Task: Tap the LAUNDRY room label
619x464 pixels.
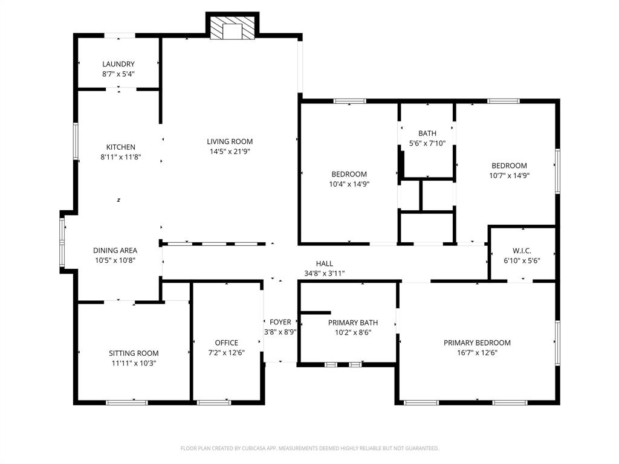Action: pos(118,64)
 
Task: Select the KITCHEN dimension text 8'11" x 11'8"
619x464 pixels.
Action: pos(121,157)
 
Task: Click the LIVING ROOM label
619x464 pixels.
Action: pos(230,141)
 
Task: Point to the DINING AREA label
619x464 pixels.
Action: pos(115,250)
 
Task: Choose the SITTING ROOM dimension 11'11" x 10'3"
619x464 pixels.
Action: pos(134,363)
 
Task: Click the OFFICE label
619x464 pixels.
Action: pos(227,343)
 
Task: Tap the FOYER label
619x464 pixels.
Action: pos(280,322)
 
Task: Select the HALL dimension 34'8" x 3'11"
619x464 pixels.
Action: pos(325,273)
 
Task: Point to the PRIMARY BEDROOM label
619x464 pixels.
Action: pos(477,343)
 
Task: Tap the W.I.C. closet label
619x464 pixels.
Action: pos(522,250)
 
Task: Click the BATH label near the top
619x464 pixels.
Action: pos(427,133)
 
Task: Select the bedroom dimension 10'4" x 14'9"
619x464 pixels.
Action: pos(349,184)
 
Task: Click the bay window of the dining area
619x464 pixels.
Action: pos(62,242)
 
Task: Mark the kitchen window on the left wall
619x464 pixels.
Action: pos(76,142)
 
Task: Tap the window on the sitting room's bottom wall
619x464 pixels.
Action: pos(126,402)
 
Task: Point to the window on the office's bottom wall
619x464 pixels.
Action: pos(214,402)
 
